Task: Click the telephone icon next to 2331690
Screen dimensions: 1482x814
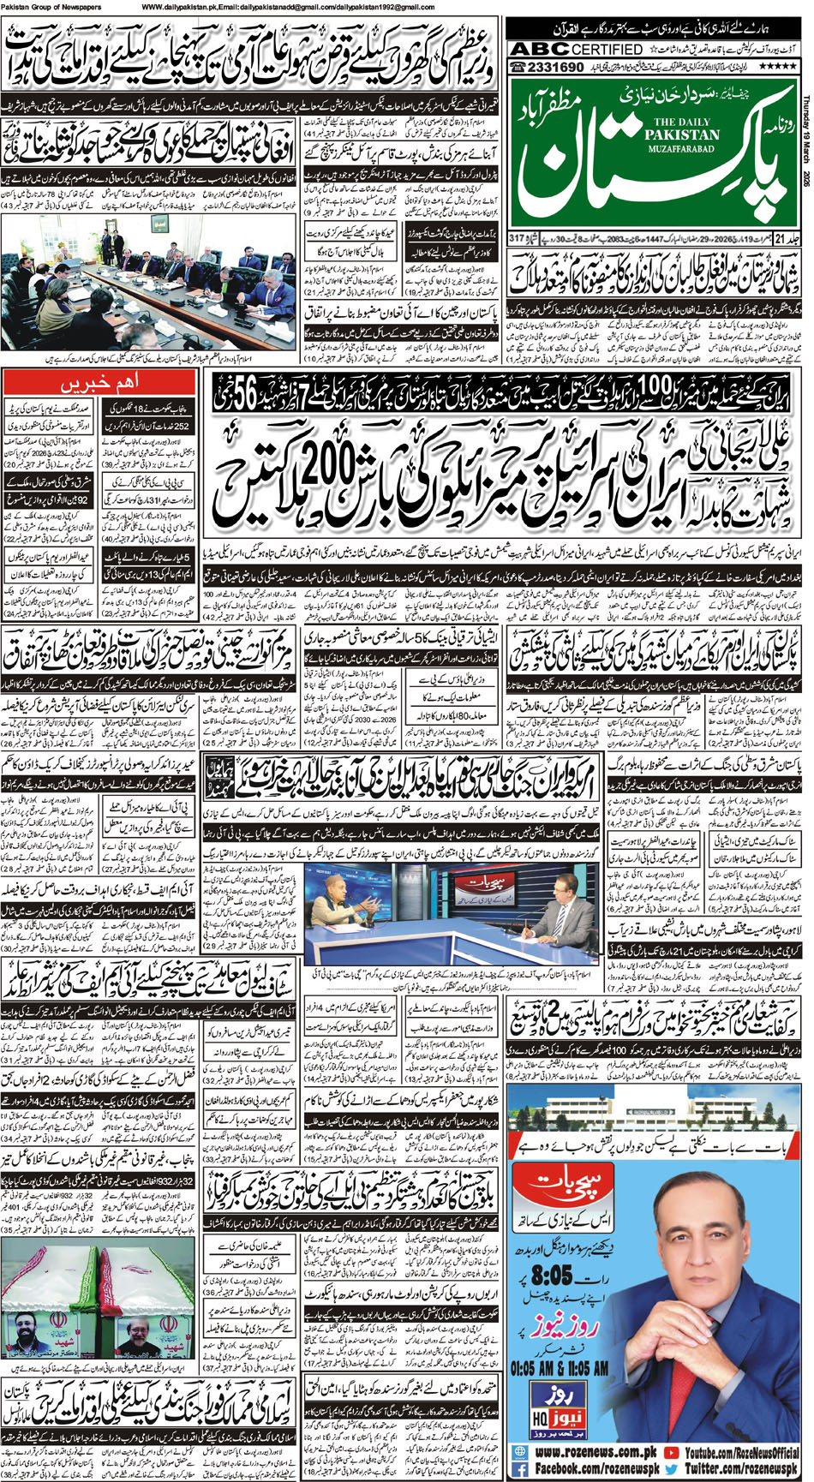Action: point(518,67)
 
